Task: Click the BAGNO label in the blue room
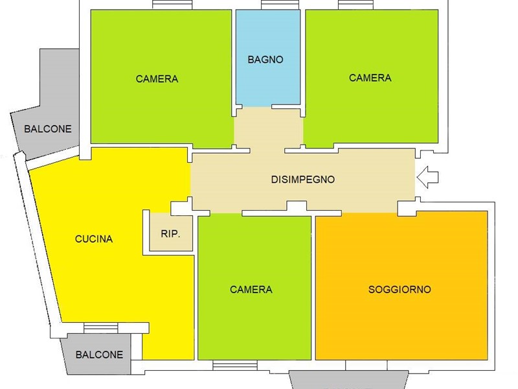(x=265, y=60)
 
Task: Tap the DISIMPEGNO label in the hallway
(x=303, y=180)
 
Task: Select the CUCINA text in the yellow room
(x=94, y=239)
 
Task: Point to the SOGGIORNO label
(x=400, y=289)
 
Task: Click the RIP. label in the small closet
(x=170, y=234)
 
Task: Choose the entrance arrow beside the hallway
(x=427, y=177)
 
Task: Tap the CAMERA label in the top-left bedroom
(x=157, y=78)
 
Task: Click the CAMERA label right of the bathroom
(x=370, y=78)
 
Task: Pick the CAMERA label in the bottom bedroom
(x=251, y=289)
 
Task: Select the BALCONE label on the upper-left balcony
(x=48, y=128)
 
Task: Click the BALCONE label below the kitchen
(x=99, y=355)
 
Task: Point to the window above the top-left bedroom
(x=172, y=5)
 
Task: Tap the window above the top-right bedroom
(x=355, y=5)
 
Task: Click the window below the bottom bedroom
(x=235, y=365)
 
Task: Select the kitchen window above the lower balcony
(x=101, y=328)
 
